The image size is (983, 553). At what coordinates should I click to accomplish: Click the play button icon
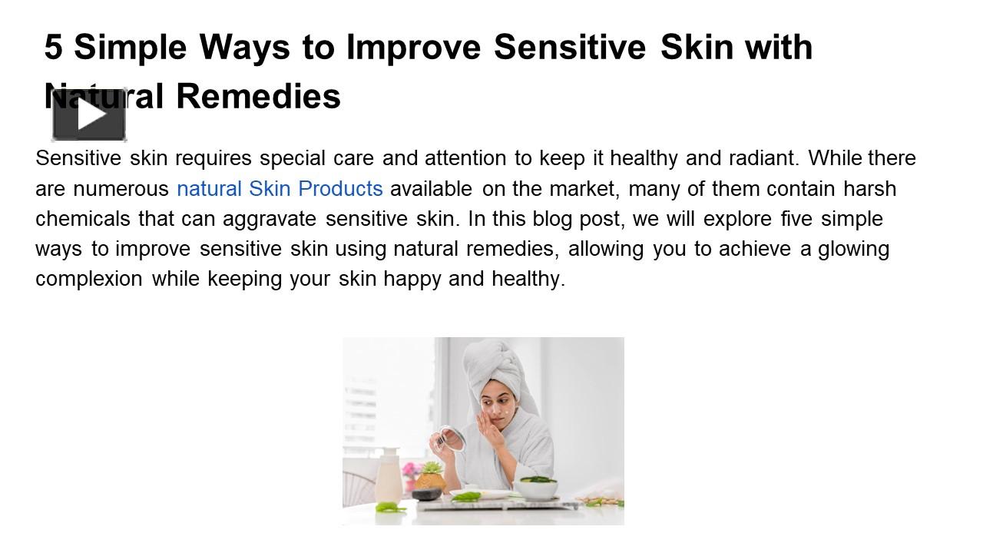tap(89, 115)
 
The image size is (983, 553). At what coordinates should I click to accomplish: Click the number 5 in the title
tap(52, 48)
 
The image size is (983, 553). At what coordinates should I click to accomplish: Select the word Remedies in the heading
tap(258, 97)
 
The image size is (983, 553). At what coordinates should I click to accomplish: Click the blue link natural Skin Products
tap(280, 189)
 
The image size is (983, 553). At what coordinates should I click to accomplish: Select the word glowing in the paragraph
tap(853, 249)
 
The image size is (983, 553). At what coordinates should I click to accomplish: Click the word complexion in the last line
tap(89, 279)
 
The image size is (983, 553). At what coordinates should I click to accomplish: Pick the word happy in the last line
tap(412, 279)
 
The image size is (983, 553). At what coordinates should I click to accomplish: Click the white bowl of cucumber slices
tap(535, 487)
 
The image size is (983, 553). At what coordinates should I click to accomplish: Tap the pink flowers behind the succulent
tap(411, 470)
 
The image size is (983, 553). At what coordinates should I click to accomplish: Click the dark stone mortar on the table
tap(426, 494)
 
